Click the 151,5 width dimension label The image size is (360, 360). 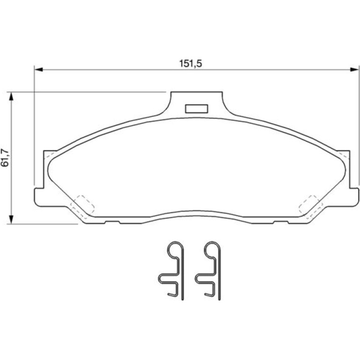(191, 64)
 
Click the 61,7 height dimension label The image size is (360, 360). (5, 158)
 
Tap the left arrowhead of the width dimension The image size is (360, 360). (38, 69)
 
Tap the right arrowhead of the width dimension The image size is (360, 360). (354, 69)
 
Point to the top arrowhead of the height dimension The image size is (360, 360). (11, 96)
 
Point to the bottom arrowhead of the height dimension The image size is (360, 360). (11, 219)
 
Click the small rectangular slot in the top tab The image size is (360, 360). (196, 109)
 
